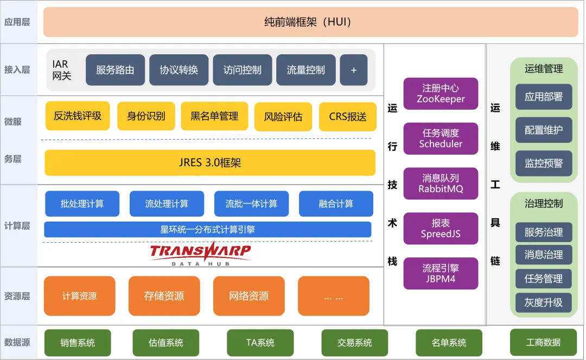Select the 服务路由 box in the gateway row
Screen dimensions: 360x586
click(x=115, y=70)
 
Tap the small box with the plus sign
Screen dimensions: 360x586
click(x=353, y=70)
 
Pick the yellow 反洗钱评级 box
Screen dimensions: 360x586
click(x=77, y=116)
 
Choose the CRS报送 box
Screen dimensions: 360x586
click(x=347, y=117)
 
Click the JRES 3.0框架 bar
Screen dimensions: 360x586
click(x=209, y=162)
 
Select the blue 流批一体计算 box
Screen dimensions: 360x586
click(x=251, y=204)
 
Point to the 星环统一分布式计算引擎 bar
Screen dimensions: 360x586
click(x=207, y=229)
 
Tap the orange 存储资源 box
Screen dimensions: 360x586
click(x=164, y=296)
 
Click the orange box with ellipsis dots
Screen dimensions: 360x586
click(x=333, y=296)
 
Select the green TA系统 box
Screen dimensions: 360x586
click(x=260, y=343)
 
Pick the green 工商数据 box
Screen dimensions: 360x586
click(x=543, y=342)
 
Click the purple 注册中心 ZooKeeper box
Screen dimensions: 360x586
click(x=441, y=93)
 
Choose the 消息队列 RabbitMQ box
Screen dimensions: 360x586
click(x=441, y=184)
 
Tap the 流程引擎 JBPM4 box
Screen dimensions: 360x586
click(x=441, y=273)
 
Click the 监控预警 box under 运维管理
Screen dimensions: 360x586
click(x=543, y=163)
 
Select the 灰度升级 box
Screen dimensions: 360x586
click(x=543, y=302)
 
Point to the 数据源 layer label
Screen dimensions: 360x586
click(x=17, y=342)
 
